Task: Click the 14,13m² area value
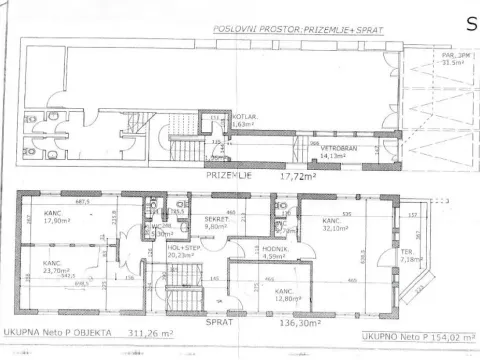point(333,156)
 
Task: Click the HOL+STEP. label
point(181,247)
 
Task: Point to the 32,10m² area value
point(333,228)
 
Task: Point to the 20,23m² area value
point(182,255)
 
